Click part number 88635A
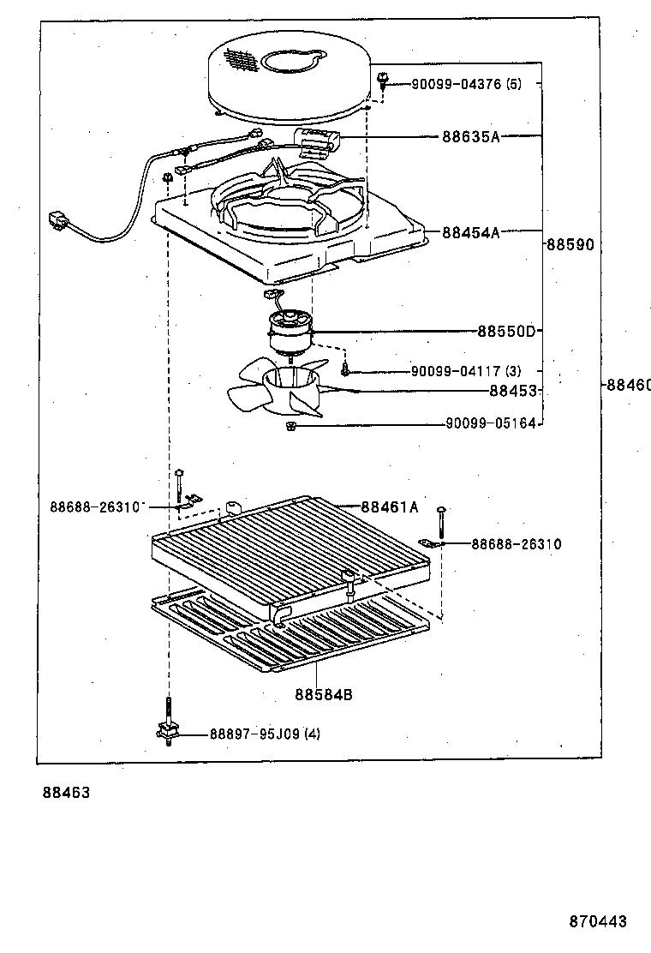pos(470,136)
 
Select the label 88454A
pos(470,231)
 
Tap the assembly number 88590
pos(570,244)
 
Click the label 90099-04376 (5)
pos(466,83)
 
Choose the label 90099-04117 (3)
pos(465,371)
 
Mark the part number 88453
pos(512,391)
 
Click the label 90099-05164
pos(490,423)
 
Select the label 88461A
pos(389,507)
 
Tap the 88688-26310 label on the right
pos(516,544)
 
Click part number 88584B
pos(324,694)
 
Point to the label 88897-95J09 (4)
pos(265,734)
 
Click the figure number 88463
pos(66,794)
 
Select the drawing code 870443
pos(598,922)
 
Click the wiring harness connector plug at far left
pos(59,220)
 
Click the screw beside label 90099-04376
pos(382,81)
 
